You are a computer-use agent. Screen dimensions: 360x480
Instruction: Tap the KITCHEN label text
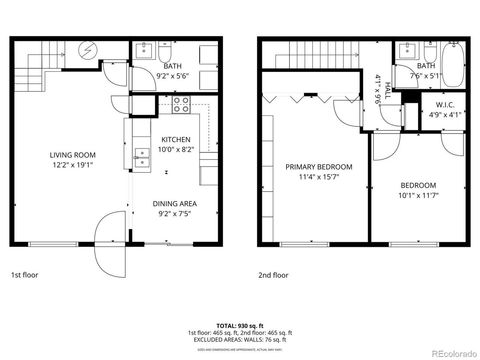click(x=175, y=140)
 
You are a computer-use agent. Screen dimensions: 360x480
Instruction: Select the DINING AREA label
click(x=175, y=203)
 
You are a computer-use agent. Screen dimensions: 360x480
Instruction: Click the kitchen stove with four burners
click(x=182, y=102)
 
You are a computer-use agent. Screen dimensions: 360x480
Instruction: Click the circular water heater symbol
click(x=86, y=50)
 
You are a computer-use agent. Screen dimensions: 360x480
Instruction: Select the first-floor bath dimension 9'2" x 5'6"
click(x=174, y=76)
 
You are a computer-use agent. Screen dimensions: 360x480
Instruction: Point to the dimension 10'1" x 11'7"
click(x=419, y=195)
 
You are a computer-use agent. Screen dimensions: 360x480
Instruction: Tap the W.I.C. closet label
click(x=445, y=105)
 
